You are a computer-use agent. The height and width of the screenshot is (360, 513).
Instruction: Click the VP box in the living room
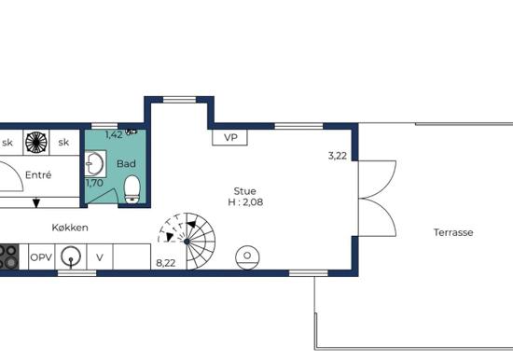(229, 137)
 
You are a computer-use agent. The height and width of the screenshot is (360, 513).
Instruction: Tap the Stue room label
(244, 191)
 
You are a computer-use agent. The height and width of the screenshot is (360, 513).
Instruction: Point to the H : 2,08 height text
(245, 202)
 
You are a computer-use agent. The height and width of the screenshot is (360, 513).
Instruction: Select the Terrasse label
(453, 232)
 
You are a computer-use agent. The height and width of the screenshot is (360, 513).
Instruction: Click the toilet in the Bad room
(132, 189)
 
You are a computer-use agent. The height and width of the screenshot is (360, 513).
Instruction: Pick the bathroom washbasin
(95, 163)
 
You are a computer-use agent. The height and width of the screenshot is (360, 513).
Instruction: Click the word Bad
(126, 163)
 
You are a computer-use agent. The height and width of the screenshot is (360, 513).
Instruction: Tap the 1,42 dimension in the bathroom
(114, 134)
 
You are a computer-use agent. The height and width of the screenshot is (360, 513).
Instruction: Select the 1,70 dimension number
(94, 183)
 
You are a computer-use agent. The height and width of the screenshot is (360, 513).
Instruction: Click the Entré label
(38, 175)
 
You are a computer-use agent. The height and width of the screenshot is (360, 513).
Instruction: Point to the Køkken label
(70, 228)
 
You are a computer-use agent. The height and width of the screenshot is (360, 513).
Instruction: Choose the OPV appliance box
(42, 257)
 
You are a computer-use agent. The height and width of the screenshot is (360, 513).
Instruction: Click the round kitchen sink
(71, 256)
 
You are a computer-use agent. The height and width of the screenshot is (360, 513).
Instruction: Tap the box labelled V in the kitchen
(100, 257)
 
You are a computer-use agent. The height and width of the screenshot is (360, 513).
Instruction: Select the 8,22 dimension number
(165, 263)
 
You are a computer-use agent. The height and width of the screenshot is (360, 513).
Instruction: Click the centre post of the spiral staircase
(187, 242)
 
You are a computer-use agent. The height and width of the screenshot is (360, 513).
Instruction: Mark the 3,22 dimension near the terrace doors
(338, 156)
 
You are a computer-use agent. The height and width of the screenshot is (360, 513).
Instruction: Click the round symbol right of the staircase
(248, 256)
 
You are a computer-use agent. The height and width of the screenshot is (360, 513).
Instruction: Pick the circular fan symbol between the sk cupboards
(36, 143)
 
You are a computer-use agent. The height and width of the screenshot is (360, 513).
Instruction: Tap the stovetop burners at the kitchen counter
(8, 256)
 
